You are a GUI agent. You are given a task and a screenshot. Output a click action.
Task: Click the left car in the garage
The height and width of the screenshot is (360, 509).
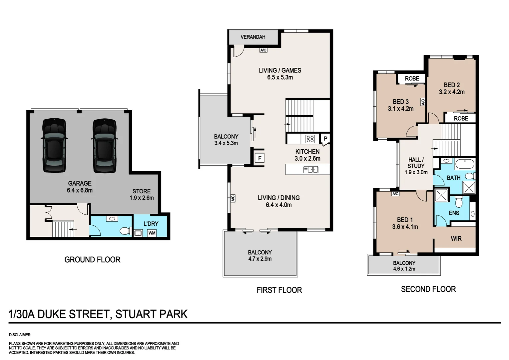click(54, 145)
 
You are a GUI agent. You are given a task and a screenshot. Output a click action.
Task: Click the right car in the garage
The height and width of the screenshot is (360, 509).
click(105, 145)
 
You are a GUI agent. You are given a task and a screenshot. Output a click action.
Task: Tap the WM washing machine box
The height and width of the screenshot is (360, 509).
click(152, 233)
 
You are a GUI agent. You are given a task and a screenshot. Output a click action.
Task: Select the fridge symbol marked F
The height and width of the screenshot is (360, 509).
click(260, 158)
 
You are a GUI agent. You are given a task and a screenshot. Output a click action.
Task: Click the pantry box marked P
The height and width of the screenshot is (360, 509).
click(325, 138)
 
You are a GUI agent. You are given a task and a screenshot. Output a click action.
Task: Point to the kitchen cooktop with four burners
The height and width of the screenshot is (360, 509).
click(310, 139)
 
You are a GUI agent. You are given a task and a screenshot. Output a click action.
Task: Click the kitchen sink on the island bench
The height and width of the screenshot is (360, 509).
click(311, 169)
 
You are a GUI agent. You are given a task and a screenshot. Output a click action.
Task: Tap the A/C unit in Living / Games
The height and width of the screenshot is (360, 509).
click(263, 50)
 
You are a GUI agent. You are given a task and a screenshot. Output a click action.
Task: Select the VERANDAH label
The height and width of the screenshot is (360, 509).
click(253, 37)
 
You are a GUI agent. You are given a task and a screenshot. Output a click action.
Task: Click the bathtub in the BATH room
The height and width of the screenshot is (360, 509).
click(465, 164)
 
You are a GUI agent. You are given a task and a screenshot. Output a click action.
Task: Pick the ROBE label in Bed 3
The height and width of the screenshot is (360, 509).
click(412, 78)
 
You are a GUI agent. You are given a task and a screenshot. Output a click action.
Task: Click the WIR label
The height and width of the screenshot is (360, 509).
click(456, 239)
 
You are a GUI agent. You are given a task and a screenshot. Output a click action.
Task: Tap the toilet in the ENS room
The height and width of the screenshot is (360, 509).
click(459, 202)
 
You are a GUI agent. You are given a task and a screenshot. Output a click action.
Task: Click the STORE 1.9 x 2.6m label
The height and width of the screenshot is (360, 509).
click(142, 194)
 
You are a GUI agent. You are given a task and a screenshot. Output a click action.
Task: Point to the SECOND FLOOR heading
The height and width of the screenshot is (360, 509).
click(428, 289)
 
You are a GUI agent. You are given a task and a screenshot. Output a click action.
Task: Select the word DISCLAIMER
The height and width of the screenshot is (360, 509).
click(20, 335)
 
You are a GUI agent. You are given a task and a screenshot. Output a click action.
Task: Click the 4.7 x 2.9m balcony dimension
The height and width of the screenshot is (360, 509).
click(260, 259)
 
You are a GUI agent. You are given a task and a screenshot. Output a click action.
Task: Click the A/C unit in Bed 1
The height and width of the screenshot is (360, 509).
click(395, 194)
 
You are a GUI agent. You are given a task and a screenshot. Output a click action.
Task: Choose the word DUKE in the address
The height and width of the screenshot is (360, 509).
click(52, 314)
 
